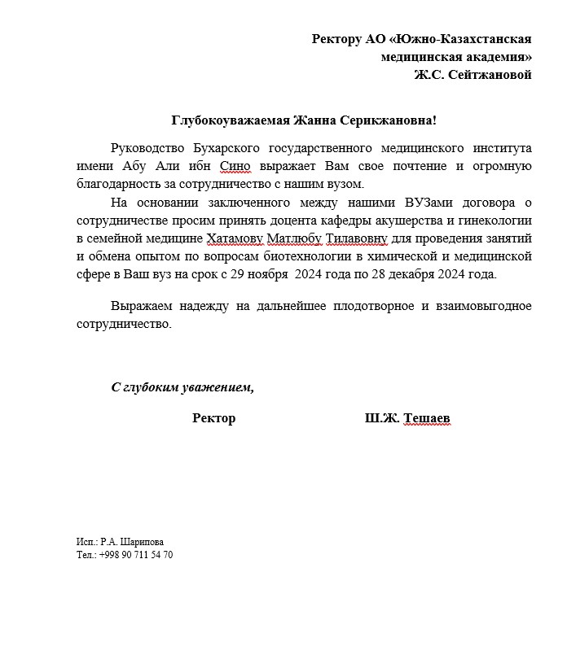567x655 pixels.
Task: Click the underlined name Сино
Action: tap(236, 166)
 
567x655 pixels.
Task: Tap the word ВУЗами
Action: tap(431, 202)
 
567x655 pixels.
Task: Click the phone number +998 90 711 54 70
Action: tap(136, 555)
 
